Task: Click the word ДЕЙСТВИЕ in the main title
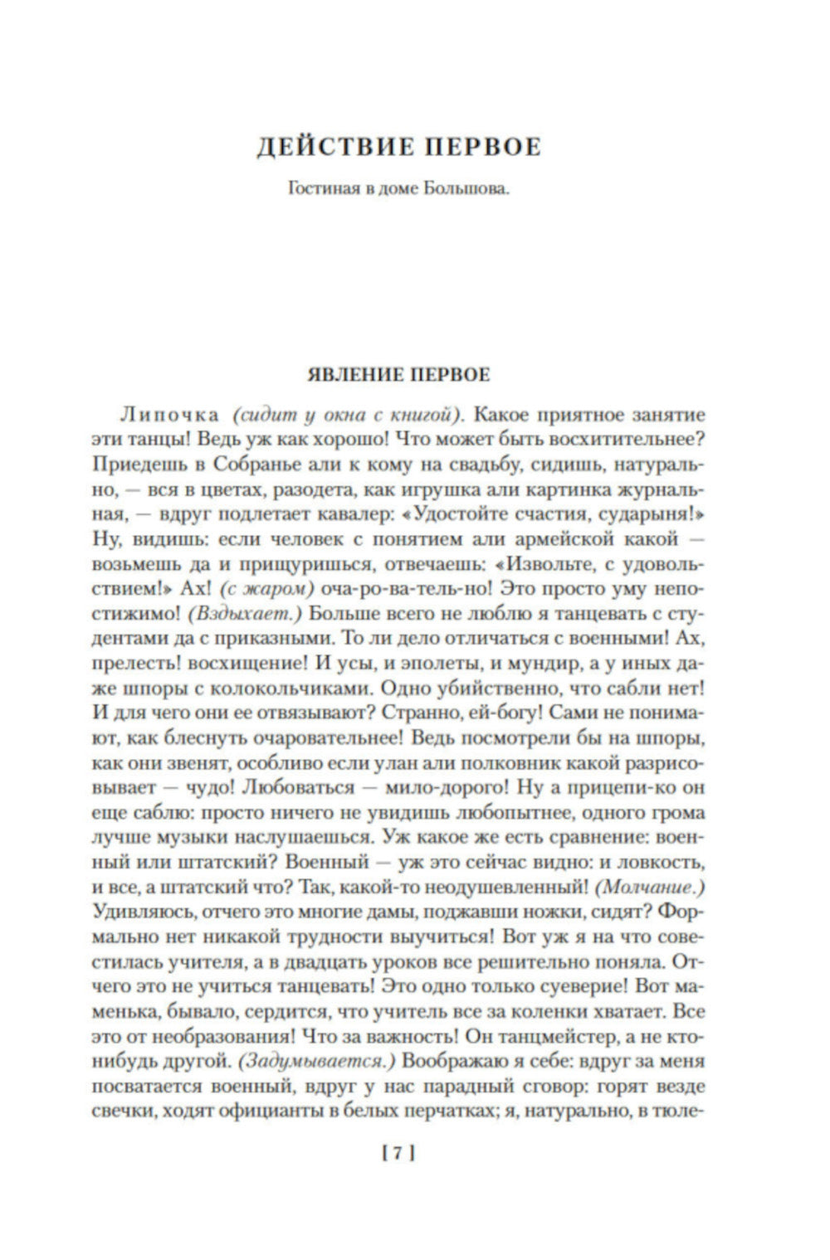pos(334,148)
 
